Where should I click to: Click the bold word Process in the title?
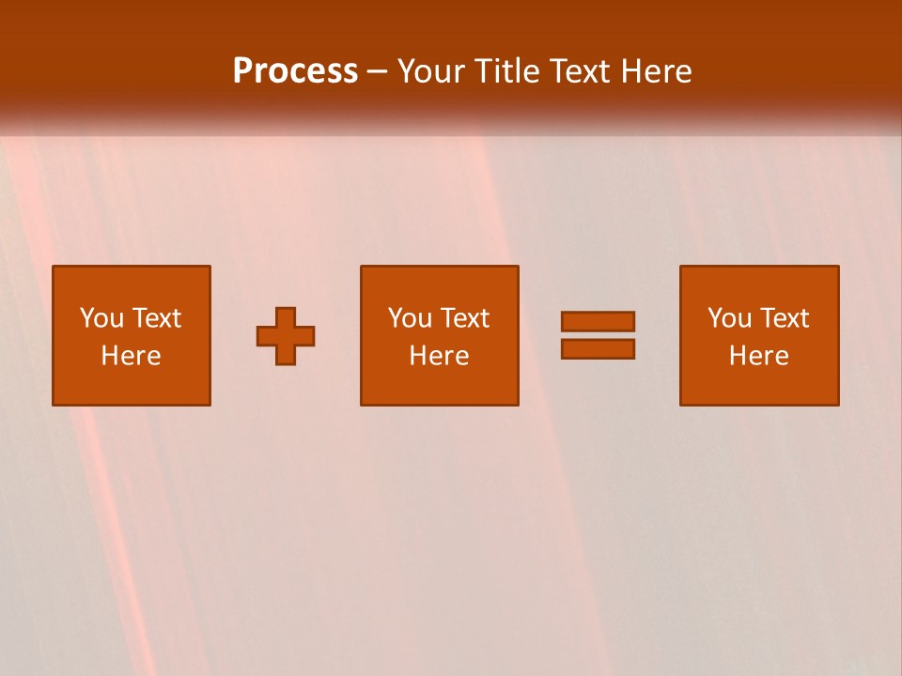[x=295, y=71]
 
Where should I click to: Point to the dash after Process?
[x=377, y=72]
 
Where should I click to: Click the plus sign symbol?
[x=286, y=335]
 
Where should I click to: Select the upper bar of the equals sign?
[x=598, y=321]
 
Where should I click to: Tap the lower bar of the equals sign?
[x=598, y=348]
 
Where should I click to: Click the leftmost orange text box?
[x=132, y=335]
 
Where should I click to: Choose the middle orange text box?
[x=439, y=335]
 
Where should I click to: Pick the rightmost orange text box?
[x=759, y=335]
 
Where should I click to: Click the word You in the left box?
[x=101, y=318]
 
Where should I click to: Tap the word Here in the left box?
[x=132, y=356]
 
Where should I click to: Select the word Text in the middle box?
[x=465, y=318]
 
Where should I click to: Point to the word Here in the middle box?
[x=439, y=356]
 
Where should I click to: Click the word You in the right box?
[x=729, y=318]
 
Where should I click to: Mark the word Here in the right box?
[x=759, y=356]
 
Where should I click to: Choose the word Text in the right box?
[x=785, y=318]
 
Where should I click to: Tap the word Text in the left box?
[x=157, y=318]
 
